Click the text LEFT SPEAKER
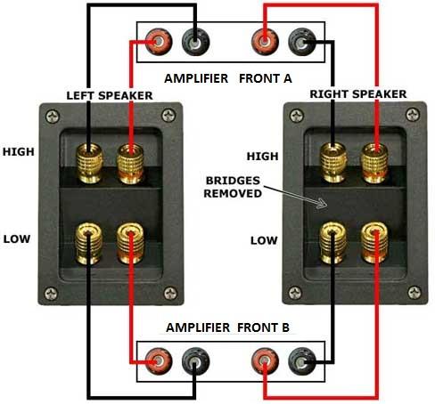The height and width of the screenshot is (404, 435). pos(110,95)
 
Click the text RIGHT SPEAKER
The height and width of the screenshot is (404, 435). pos(358,94)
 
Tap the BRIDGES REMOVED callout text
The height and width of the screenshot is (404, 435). pos(233,187)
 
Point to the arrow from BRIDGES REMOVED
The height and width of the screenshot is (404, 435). pos(295,197)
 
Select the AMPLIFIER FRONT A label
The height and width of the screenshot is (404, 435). pos(228,78)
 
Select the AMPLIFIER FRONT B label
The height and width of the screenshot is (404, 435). pos(227,327)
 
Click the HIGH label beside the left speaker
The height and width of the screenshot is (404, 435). pos(19,152)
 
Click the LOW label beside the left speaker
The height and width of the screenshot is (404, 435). pos(17,239)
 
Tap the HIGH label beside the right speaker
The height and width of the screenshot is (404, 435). pos(262,157)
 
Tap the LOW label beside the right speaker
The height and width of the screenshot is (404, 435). pos(264,240)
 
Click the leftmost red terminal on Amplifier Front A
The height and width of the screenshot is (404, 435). pos(159,42)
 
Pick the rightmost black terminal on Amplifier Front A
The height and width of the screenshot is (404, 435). pos(302,42)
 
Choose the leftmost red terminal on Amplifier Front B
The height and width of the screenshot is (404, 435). pos(159,361)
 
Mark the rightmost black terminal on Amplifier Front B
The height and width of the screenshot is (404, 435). pos(302,361)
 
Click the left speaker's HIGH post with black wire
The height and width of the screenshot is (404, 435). pos(89,163)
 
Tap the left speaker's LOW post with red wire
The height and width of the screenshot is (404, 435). pos(130,244)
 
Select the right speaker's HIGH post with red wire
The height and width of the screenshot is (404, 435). pos(374,163)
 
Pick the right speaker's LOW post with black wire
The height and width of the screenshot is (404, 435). pos(332,243)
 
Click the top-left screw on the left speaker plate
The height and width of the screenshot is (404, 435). pos(53,117)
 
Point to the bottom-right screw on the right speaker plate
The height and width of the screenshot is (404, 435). pos(414,293)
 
